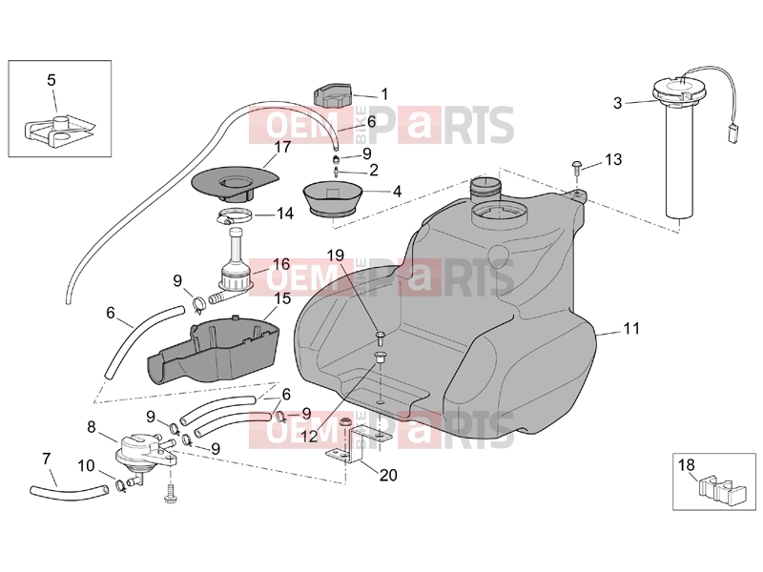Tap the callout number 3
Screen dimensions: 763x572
617,103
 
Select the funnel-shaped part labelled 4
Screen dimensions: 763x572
333,197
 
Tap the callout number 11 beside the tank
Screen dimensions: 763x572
631,329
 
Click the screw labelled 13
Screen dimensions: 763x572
577,166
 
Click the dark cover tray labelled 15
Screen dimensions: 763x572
213,349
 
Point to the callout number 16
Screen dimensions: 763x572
281,265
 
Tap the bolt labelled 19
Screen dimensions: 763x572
381,337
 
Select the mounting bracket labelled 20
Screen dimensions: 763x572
355,443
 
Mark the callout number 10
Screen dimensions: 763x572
86,465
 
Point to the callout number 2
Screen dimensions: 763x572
373,170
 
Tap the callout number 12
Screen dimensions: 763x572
309,436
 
